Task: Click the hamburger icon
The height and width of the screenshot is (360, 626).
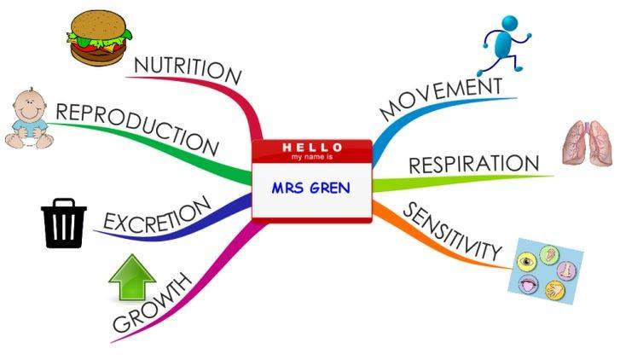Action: [99, 38]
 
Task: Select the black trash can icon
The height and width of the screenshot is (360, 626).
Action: [64, 223]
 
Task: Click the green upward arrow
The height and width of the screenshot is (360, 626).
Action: [132, 278]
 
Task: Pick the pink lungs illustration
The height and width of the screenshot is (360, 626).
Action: [588, 142]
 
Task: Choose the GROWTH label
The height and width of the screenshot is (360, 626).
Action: [152, 303]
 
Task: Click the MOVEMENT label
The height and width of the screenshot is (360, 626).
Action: [441, 98]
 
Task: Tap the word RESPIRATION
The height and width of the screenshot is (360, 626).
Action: [474, 164]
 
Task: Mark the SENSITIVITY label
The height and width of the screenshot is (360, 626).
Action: [452, 231]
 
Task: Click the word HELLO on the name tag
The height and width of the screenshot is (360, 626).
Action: [312, 148]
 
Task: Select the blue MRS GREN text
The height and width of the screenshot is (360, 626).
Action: [310, 188]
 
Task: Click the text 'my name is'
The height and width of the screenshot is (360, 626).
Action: [312, 157]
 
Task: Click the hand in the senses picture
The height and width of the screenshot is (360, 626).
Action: [556, 290]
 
